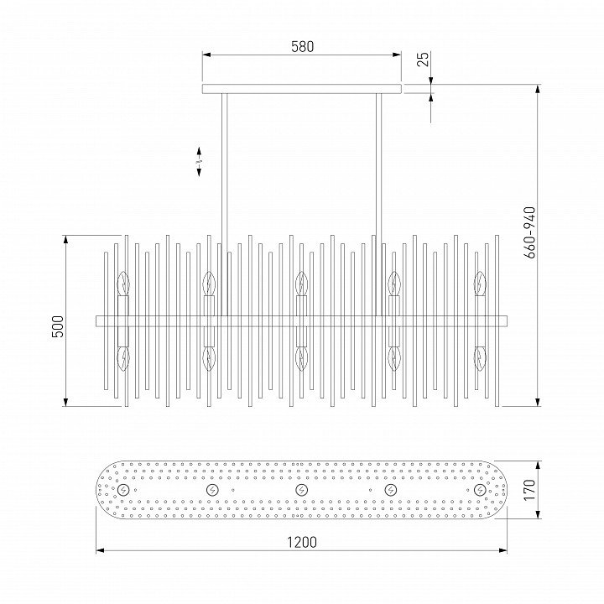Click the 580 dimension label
302,47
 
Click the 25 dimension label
423,59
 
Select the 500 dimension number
58,326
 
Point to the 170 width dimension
529,490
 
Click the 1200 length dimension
302,542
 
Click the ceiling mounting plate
302,89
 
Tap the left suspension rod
224,205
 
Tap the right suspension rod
378,205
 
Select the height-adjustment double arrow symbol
199,162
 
